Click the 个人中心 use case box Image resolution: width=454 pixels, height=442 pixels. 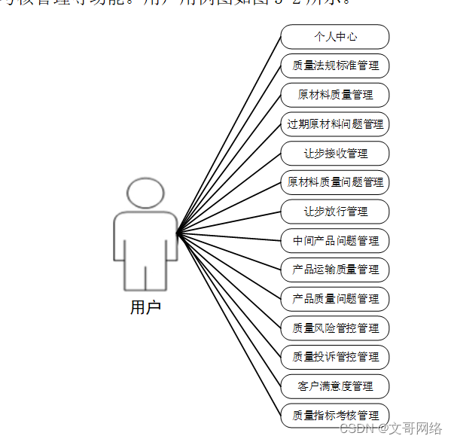(x=335, y=36)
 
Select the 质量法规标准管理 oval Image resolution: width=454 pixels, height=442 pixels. (x=335, y=66)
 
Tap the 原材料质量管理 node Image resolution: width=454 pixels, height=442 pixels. (x=335, y=95)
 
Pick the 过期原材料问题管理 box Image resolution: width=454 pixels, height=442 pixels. (x=335, y=123)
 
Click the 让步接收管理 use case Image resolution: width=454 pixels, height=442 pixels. (x=335, y=153)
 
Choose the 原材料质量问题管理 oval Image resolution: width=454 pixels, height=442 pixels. (x=335, y=181)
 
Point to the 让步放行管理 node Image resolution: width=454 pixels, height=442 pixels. (x=335, y=211)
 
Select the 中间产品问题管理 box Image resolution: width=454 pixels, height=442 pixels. (x=335, y=240)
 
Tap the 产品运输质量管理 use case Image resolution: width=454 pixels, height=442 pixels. (x=335, y=269)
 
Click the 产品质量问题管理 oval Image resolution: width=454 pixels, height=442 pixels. (x=335, y=298)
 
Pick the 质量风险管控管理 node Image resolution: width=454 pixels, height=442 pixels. (x=335, y=328)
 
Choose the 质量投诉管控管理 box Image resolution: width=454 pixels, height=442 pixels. (x=335, y=356)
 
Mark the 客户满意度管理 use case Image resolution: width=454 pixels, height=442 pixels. (x=335, y=386)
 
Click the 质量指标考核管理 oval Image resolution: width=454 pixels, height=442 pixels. (x=335, y=415)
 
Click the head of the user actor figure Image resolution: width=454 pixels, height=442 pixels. (x=145, y=194)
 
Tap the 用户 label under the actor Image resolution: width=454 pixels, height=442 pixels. (x=145, y=307)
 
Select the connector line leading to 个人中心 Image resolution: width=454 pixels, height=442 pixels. (x=229, y=136)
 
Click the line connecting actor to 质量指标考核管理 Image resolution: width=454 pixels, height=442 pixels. (x=229, y=325)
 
